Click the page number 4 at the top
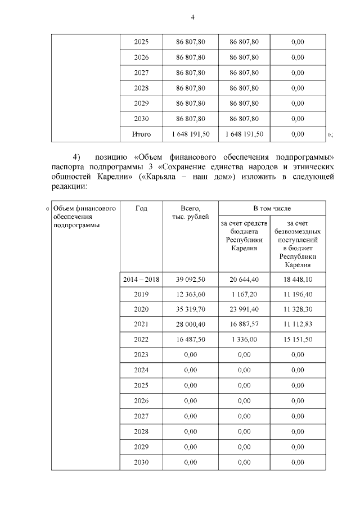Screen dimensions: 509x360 (192, 17)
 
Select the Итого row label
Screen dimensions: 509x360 (141, 134)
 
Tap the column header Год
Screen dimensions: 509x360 (141, 208)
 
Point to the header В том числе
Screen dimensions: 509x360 (272, 208)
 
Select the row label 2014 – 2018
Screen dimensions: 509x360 (141, 279)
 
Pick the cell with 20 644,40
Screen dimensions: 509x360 (244, 279)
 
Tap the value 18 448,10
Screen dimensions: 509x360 (298, 279)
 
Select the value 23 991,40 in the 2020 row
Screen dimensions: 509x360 (244, 309)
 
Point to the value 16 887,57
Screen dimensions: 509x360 (244, 325)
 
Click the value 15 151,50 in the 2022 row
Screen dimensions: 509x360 (298, 340)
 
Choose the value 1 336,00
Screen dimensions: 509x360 (244, 340)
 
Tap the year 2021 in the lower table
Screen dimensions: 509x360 (141, 325)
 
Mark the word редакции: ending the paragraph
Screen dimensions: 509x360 (69, 187)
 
